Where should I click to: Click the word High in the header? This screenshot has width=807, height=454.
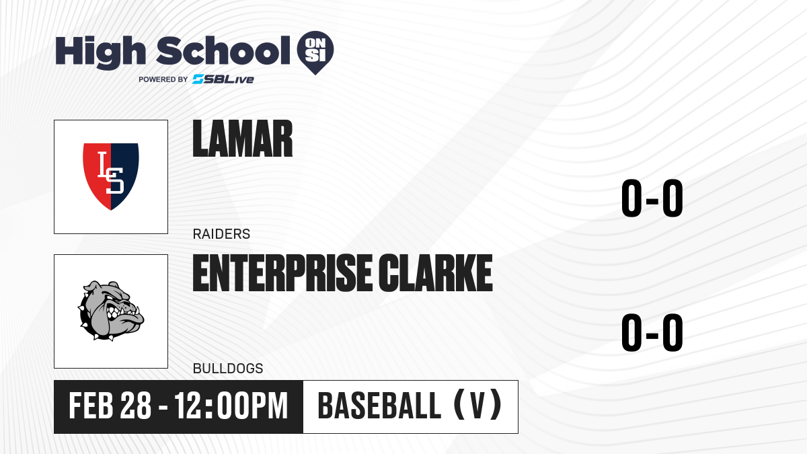pyautogui.click(x=100, y=52)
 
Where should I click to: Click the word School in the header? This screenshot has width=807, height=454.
pyautogui.click(x=223, y=50)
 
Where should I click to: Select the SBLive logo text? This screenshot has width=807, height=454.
pyautogui.click(x=223, y=79)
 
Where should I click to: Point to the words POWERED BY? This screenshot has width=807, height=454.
pyautogui.click(x=163, y=79)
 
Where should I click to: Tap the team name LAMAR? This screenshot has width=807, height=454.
pyautogui.click(x=243, y=139)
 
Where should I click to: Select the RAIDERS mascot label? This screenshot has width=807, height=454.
pyautogui.click(x=221, y=234)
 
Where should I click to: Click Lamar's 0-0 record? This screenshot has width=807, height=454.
pyautogui.click(x=652, y=198)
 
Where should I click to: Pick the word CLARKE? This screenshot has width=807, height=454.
pyautogui.click(x=435, y=273)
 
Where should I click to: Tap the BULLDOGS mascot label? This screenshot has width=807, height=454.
pyautogui.click(x=228, y=369)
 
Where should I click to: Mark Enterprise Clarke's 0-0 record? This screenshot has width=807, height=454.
pyautogui.click(x=652, y=332)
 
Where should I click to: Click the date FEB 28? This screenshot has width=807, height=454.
pyautogui.click(x=110, y=406)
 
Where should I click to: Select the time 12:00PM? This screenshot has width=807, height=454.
pyautogui.click(x=231, y=406)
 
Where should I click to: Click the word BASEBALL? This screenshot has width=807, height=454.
pyautogui.click(x=379, y=406)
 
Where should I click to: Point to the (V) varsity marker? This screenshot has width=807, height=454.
pyautogui.click(x=478, y=405)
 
